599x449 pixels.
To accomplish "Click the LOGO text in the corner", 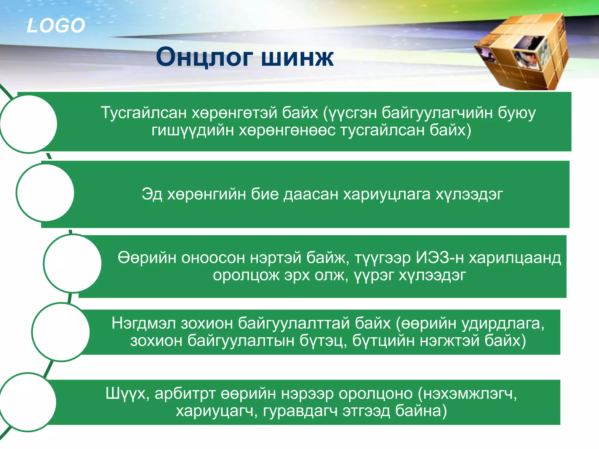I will coord(56,25).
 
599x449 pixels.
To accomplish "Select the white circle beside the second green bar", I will coord(45,193).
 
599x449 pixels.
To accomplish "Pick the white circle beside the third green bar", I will coord(73,263).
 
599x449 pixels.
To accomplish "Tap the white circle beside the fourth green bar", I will coord(61,332).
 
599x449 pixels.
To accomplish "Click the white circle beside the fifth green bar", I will coord(28,402).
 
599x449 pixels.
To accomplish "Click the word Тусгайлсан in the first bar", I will coord(144,113).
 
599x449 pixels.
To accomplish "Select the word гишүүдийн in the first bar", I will coord(193,130).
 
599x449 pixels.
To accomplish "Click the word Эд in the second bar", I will coord(152,194).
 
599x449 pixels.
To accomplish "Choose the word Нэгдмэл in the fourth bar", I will coord(144,323).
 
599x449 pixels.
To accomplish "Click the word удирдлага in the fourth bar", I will coord(503,323).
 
